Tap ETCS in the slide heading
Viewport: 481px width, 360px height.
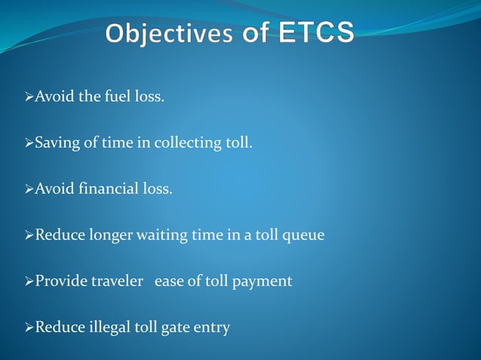(x=317, y=34)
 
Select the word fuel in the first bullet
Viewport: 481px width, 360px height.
(x=112, y=97)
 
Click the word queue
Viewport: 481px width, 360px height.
(x=303, y=236)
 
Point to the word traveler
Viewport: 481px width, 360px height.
(x=118, y=281)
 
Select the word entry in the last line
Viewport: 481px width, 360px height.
(x=213, y=328)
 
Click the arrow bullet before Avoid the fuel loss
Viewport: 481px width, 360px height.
(x=30, y=97)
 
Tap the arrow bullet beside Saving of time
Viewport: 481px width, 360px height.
(x=30, y=143)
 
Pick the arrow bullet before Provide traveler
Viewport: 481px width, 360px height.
(x=30, y=281)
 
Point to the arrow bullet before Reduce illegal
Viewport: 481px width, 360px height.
(x=30, y=327)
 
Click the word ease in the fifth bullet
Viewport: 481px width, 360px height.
(x=167, y=281)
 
